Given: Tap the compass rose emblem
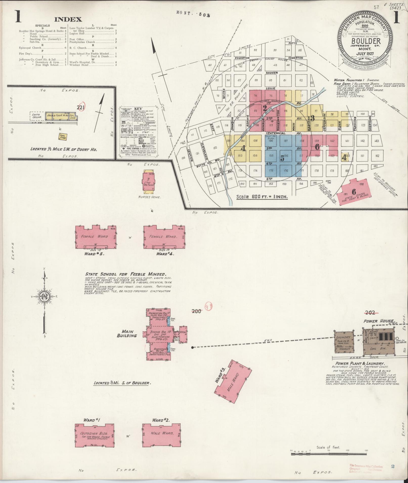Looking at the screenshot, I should coord(44,296).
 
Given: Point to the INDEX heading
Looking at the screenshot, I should coord(68,19).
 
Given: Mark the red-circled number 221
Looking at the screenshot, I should coord(81,107).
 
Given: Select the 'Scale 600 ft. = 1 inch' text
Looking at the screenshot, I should coord(262,197).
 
